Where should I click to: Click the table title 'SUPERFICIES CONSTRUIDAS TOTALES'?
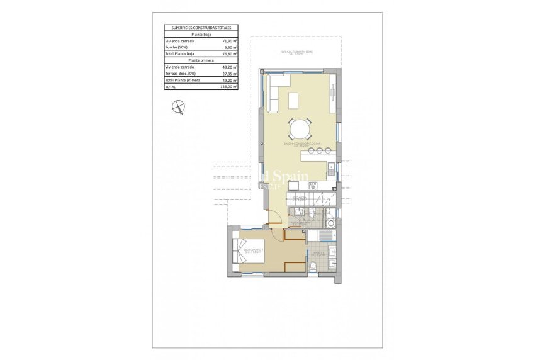coord(201,28)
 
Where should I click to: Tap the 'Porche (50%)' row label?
coord(177,47)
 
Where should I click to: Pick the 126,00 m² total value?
coord(228,87)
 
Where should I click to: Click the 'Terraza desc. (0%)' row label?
coord(181,74)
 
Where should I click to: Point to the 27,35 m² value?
coord(230,74)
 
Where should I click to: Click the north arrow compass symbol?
coord(179,108)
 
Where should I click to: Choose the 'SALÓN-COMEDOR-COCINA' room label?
coord(301,144)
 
